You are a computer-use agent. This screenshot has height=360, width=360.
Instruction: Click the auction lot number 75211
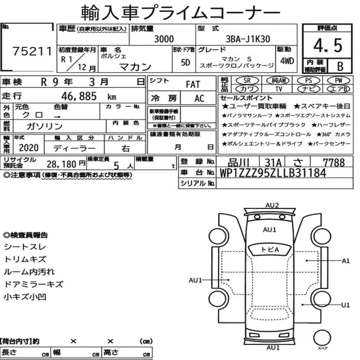click(32, 51)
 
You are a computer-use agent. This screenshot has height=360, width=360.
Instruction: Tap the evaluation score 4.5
click(328, 45)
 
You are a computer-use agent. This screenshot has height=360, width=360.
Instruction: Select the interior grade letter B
click(340, 66)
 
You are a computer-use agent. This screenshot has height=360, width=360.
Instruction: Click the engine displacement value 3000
click(164, 39)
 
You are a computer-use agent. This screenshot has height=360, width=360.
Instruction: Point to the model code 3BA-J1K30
click(248, 39)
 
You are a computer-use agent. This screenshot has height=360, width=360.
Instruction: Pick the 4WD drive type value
click(287, 61)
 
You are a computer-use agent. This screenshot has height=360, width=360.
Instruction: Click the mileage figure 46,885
click(79, 96)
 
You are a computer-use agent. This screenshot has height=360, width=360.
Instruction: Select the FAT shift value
click(193, 85)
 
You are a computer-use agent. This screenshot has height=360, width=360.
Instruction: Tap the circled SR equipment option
click(247, 81)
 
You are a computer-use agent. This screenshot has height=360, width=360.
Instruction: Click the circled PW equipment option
click(338, 81)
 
